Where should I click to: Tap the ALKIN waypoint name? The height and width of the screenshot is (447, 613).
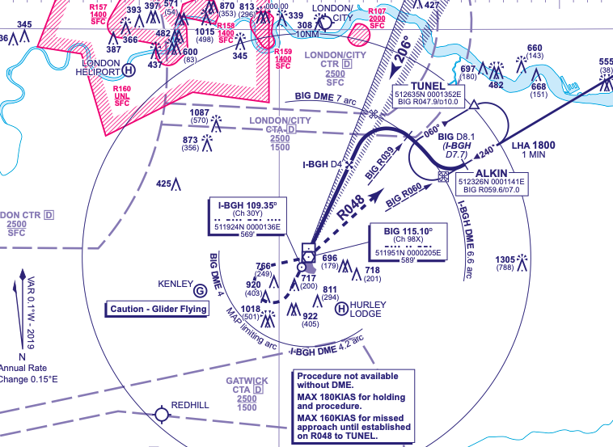(492, 173)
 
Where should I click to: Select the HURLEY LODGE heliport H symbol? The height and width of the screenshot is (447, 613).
(342, 307)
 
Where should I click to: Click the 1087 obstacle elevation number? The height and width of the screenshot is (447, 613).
(199, 113)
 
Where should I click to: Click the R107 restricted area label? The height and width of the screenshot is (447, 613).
(377, 11)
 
